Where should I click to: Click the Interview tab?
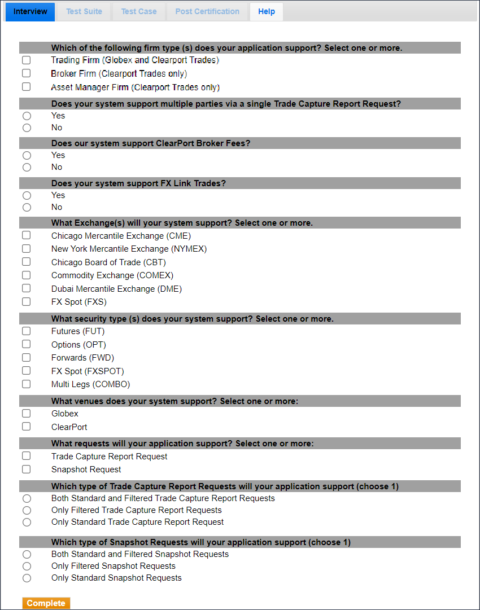click(x=30, y=12)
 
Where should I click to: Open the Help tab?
click(x=267, y=12)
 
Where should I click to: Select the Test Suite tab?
click(x=84, y=12)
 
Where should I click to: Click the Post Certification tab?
click(x=207, y=12)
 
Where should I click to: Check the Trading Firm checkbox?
click(x=26, y=60)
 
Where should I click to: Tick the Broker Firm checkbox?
click(x=26, y=73)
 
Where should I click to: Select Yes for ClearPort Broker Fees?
click(x=27, y=155)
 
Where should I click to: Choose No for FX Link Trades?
click(x=27, y=207)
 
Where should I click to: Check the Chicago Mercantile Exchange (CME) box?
click(x=26, y=235)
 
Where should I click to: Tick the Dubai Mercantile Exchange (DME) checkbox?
click(x=26, y=288)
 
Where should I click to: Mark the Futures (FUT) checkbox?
click(x=26, y=331)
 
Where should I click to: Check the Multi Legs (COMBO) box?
click(x=26, y=384)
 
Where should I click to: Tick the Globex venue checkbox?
click(x=26, y=414)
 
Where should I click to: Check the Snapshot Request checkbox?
click(x=26, y=469)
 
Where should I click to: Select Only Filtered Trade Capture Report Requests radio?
click(x=27, y=510)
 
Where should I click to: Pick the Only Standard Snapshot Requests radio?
click(x=27, y=578)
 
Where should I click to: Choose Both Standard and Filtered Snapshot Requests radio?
click(x=27, y=554)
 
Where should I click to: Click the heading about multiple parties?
click(x=226, y=104)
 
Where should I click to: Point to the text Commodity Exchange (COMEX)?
click(x=112, y=275)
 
